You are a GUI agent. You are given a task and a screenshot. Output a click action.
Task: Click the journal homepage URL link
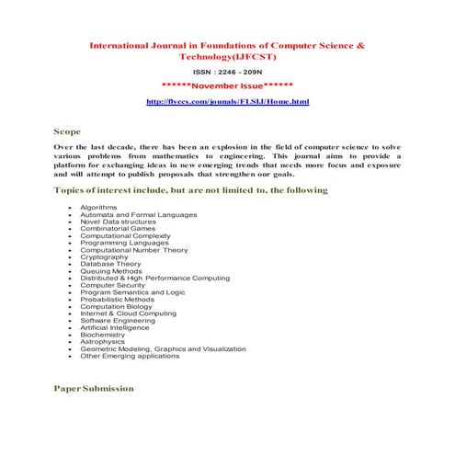point(228,101)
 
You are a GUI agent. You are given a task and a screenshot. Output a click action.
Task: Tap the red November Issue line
point(227,85)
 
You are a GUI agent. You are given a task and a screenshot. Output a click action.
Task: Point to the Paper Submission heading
point(94,388)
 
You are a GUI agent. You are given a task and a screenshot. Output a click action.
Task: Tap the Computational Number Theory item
point(133,250)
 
